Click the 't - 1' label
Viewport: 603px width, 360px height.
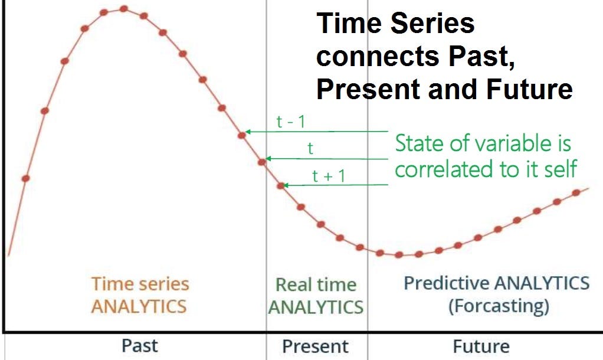coord(290,122)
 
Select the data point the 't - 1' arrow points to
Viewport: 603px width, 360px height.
coord(241,135)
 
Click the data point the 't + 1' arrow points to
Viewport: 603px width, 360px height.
coord(281,186)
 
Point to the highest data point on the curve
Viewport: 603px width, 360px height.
coord(124,9)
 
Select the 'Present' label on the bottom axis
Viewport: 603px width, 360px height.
coord(315,346)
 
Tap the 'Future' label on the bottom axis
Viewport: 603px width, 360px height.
coord(481,346)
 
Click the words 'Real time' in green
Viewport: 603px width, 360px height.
coord(316,285)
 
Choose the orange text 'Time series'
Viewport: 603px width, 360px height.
coord(140,284)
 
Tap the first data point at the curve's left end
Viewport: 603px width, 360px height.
coord(25,178)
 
